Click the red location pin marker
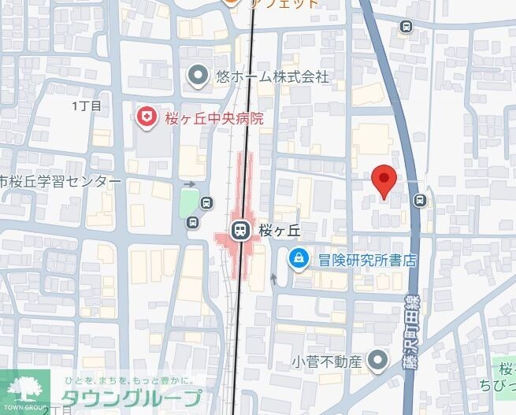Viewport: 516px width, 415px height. (383, 180)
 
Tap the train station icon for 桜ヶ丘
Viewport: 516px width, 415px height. (239, 230)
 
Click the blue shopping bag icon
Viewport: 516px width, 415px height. (298, 258)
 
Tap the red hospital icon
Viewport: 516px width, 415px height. (146, 118)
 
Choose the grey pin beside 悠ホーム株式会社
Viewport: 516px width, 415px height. (199, 76)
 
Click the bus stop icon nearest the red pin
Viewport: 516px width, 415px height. (421, 200)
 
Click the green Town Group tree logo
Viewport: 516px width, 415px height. (24, 387)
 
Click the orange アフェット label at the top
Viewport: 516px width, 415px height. (284, 3)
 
